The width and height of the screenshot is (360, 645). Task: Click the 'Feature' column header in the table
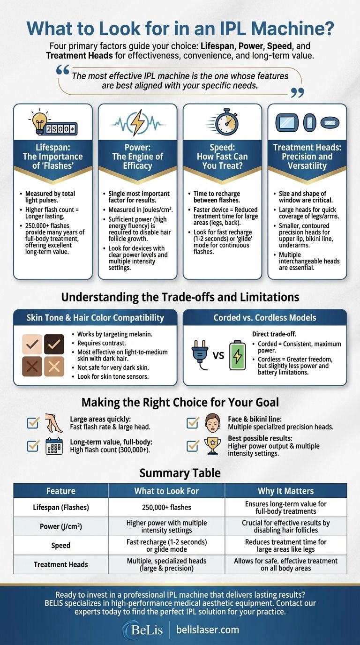(x=61, y=491)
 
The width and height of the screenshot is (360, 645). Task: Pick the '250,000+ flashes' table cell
(x=166, y=507)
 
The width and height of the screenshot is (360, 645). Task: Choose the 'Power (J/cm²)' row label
(x=61, y=526)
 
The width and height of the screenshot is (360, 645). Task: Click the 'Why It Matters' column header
(x=285, y=491)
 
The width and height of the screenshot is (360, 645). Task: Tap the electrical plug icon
(x=200, y=354)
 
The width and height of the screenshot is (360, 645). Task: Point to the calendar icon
(x=54, y=446)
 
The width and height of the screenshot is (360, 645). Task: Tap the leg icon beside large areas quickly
(x=54, y=422)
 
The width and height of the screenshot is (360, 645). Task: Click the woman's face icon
(x=212, y=422)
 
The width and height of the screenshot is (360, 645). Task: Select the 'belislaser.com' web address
(x=208, y=629)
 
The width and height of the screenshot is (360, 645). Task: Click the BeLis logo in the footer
(x=143, y=629)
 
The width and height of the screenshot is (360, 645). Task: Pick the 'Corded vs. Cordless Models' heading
(x=264, y=317)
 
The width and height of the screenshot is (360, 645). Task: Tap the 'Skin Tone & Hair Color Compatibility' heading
(x=95, y=317)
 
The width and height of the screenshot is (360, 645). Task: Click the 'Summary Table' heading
(x=180, y=472)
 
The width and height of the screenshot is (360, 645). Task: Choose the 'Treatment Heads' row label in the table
(x=61, y=564)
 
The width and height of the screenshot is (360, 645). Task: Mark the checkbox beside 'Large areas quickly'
(x=33, y=422)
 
